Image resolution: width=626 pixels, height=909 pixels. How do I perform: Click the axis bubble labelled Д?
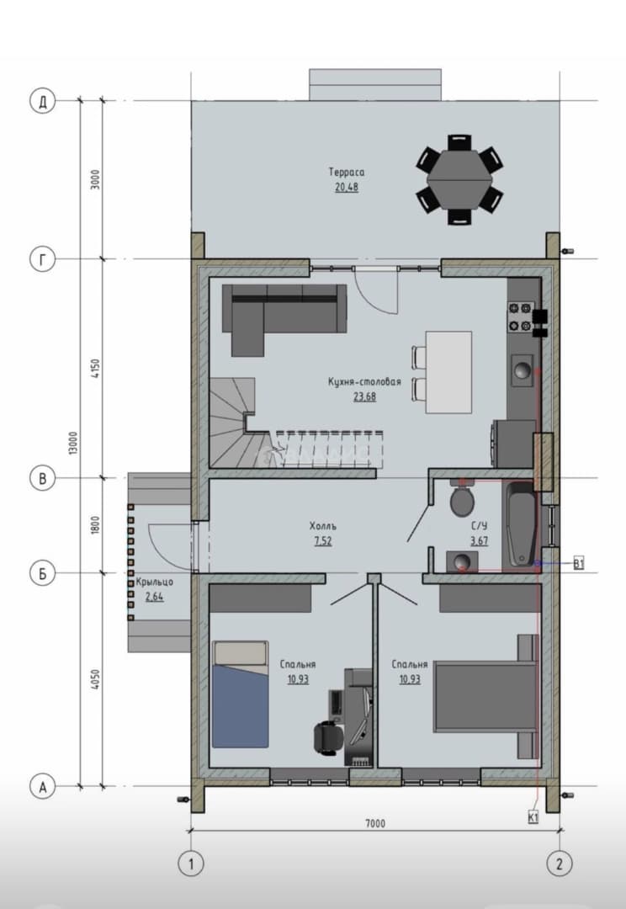(x=42, y=102)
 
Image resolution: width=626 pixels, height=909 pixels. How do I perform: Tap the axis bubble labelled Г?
(x=42, y=260)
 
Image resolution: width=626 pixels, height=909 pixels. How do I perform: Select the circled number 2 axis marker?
(x=560, y=864)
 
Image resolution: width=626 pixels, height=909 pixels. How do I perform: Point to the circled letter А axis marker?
(x=42, y=787)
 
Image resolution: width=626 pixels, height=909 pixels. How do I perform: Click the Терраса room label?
(x=347, y=173)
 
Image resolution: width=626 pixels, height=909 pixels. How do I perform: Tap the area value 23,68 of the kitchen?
(x=364, y=397)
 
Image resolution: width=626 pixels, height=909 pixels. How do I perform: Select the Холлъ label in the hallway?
(x=323, y=526)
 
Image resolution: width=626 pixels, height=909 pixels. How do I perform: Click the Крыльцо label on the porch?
(x=154, y=582)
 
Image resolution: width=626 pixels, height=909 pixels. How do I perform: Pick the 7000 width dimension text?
(x=375, y=823)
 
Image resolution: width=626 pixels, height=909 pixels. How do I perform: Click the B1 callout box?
(x=578, y=563)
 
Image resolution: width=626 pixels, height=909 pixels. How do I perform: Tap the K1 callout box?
(x=533, y=817)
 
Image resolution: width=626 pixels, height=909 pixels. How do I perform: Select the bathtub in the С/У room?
(x=520, y=524)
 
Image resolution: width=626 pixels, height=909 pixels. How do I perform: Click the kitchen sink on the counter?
(x=523, y=370)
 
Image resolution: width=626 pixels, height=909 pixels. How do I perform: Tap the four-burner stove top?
(x=520, y=317)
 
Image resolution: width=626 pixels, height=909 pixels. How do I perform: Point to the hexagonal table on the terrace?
(x=459, y=179)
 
